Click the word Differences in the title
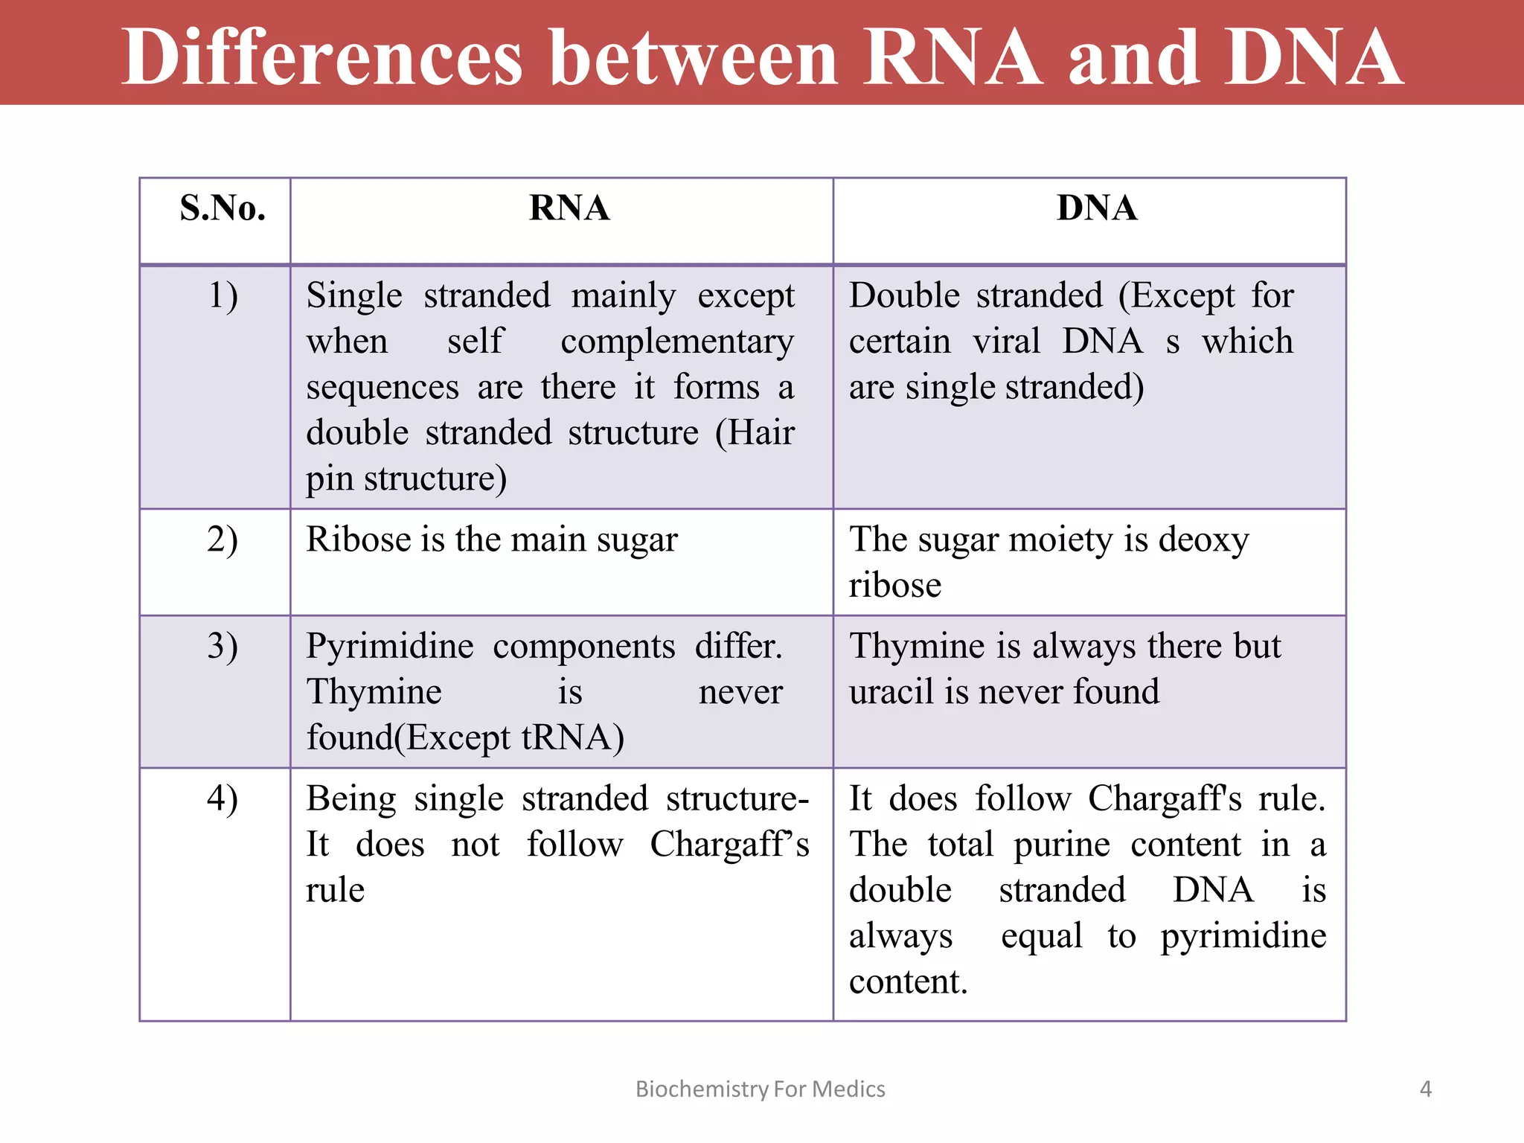322,57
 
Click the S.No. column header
222,208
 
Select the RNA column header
569,208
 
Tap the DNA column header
1097,208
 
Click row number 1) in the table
222,296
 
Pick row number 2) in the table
222,540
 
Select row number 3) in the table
222,646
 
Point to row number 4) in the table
222,799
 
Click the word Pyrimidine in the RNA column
390,646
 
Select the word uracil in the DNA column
892,692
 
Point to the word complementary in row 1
677,342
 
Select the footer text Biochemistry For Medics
760,1089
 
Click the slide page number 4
1425,1089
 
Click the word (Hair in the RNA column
755,433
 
